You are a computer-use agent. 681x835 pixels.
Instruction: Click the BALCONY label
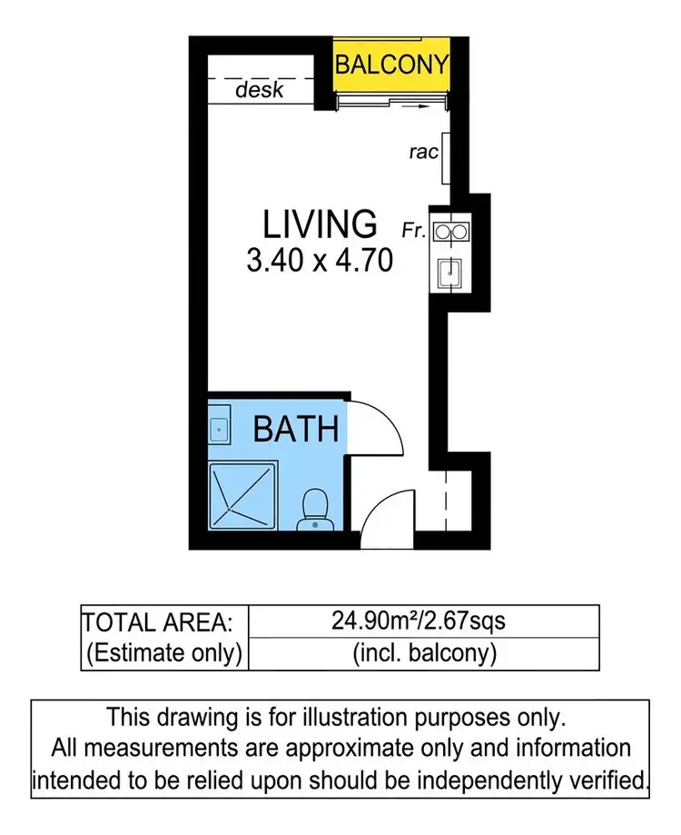coord(391,65)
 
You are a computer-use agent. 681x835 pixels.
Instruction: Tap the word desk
coord(260,90)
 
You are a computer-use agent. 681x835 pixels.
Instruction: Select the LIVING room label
coord(320,224)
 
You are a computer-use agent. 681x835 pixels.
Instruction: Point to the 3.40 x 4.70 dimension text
coord(320,262)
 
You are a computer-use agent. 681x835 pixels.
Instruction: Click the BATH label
coord(296,428)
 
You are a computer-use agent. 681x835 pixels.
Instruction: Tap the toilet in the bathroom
coord(315,509)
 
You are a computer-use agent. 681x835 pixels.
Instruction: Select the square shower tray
coord(243,495)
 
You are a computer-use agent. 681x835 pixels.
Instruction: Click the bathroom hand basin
coord(219,426)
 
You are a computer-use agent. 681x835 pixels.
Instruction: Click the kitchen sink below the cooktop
coord(449,271)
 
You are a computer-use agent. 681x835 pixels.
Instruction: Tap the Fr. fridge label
coord(414,231)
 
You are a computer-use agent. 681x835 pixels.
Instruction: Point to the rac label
coord(422,153)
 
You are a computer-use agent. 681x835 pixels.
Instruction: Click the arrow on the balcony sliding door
coord(414,106)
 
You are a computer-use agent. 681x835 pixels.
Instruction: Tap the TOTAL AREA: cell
coord(163,622)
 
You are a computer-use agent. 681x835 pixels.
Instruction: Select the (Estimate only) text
coord(163,652)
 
